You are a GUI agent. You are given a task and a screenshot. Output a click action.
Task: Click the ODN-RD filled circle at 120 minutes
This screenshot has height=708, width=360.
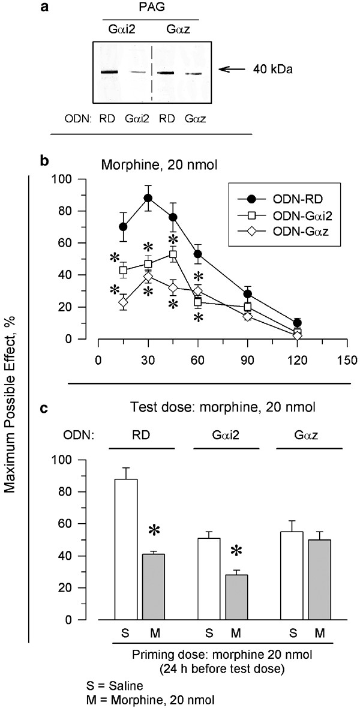click(314, 323)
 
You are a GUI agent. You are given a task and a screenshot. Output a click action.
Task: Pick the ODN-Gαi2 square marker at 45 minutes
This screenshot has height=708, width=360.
click(173, 254)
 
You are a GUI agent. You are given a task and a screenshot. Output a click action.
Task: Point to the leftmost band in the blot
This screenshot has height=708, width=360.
click(108, 72)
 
